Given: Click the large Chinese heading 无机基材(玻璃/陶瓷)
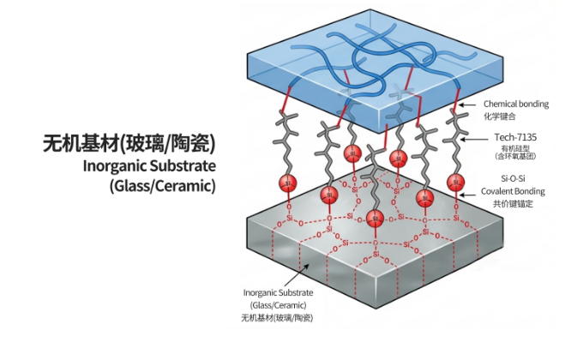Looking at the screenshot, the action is click(x=129, y=143).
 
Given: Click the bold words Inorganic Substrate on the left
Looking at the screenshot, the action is click(x=149, y=165).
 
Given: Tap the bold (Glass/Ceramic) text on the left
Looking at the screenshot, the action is click(x=162, y=185).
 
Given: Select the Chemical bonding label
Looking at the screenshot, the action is click(x=516, y=104).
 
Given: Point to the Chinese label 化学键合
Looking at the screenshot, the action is click(x=500, y=117).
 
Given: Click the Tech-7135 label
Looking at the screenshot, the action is click(x=515, y=137).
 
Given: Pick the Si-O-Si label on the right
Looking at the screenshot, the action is click(x=513, y=178).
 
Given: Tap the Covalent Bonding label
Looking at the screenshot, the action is click(x=513, y=191).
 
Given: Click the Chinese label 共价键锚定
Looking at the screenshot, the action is click(x=513, y=204).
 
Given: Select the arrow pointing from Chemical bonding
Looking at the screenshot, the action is click(x=467, y=105).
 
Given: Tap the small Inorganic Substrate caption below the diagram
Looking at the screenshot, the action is click(x=278, y=292).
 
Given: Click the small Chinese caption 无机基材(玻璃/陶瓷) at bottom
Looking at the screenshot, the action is click(x=277, y=318).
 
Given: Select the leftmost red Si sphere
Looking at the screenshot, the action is click(x=288, y=183).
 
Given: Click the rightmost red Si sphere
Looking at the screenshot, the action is click(x=456, y=182).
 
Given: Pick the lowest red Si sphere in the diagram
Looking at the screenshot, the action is click(x=375, y=219).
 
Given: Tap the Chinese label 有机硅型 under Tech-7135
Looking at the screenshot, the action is click(x=515, y=149).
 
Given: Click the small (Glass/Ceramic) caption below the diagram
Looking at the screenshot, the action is click(x=278, y=305).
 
